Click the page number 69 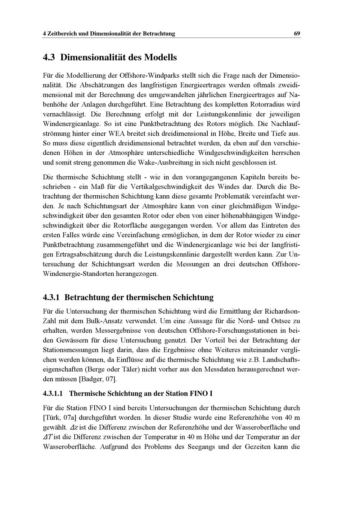point(297,33)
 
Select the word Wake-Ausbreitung point(165,163)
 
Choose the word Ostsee point(282,321)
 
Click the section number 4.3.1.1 point(53,394)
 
